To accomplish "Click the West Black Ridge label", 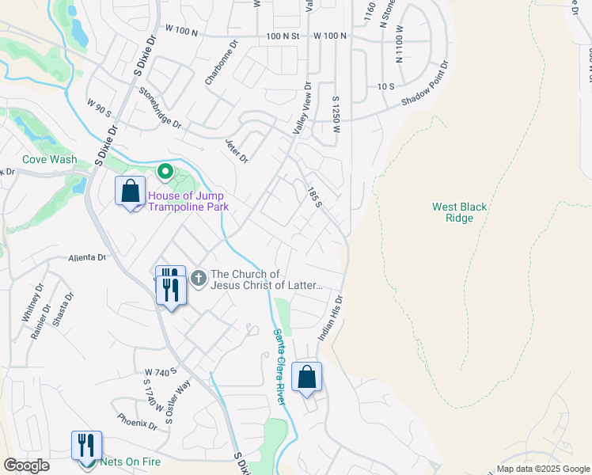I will pyautogui.click(x=459, y=212).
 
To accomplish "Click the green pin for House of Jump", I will pyautogui.click(x=165, y=171).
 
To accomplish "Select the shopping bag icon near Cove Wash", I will pyautogui.click(x=130, y=192).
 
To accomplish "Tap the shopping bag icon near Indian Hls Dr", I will pyautogui.click(x=305, y=378).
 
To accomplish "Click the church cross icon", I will pyautogui.click(x=198, y=279).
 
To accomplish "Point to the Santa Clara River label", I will pyautogui.click(x=279, y=367).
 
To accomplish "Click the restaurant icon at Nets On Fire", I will pyautogui.click(x=86, y=446).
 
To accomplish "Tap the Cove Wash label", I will pyautogui.click(x=50, y=159).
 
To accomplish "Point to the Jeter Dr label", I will pyautogui.click(x=236, y=148).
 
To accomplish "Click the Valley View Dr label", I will pyautogui.click(x=302, y=111).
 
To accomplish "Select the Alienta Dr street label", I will pyautogui.click(x=86, y=257).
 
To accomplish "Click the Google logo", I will pyautogui.click(x=26, y=465).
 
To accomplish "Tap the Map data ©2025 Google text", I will pyautogui.click(x=543, y=469).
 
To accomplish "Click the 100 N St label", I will pyautogui.click(x=284, y=36).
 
